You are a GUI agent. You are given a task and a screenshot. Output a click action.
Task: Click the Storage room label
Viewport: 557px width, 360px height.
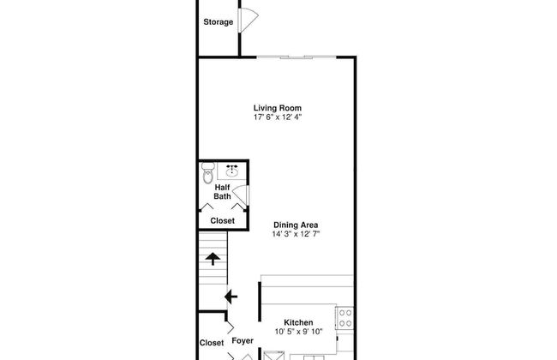219,22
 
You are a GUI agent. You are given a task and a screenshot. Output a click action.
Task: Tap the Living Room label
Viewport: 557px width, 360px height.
278,108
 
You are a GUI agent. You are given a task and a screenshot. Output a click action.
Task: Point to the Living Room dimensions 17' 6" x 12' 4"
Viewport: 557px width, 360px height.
278,117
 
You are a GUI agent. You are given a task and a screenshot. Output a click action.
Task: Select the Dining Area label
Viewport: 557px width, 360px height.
296,225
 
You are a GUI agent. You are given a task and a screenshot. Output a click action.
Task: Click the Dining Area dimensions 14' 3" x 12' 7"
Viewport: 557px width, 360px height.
296,234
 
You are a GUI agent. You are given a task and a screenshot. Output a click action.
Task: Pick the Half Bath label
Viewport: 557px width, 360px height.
223,192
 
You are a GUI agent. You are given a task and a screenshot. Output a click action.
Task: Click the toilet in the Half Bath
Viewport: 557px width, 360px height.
208,173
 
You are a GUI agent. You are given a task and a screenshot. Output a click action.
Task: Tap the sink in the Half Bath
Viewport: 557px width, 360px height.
232,171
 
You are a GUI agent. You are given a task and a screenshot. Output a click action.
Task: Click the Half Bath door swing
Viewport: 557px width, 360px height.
241,195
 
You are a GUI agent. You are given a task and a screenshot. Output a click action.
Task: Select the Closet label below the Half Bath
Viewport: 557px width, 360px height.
223,220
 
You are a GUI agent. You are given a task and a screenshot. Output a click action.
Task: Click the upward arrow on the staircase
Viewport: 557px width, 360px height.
213,259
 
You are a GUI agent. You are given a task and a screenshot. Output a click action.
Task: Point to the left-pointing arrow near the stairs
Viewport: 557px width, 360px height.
231,297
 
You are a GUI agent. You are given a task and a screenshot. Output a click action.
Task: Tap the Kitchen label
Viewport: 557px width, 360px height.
298,322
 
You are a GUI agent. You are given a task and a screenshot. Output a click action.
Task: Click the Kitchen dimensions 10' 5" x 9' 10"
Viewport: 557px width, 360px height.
298,332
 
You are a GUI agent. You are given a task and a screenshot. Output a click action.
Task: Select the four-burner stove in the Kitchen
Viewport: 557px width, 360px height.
344,318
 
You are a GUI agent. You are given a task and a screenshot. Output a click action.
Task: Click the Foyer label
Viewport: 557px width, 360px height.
243,341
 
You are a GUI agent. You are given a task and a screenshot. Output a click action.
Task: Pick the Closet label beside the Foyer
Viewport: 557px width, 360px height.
212,343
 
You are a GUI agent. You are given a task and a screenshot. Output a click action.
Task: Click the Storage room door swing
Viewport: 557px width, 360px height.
249,20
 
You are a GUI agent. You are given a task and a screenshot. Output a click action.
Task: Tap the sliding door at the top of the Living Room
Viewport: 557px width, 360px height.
296,57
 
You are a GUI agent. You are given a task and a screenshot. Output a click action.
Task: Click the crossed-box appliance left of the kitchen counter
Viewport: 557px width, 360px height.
274,356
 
